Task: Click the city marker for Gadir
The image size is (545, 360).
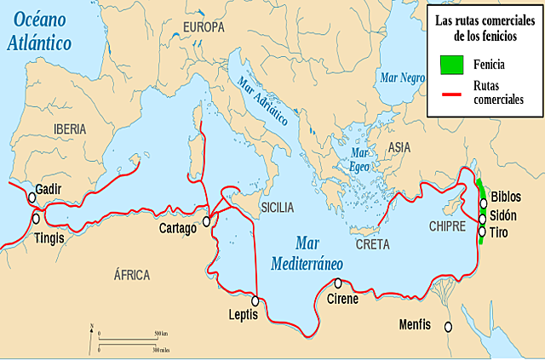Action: click(32, 197)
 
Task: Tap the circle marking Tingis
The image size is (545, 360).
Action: click(36, 218)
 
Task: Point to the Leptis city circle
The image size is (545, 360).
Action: click(255, 300)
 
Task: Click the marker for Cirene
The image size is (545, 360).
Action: click(338, 283)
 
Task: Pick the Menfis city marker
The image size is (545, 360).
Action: click(446, 325)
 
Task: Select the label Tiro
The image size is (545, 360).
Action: click(499, 231)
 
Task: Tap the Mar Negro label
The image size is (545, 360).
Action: click(403, 77)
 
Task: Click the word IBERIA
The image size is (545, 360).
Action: click(71, 129)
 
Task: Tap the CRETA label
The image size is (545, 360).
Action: click(372, 244)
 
